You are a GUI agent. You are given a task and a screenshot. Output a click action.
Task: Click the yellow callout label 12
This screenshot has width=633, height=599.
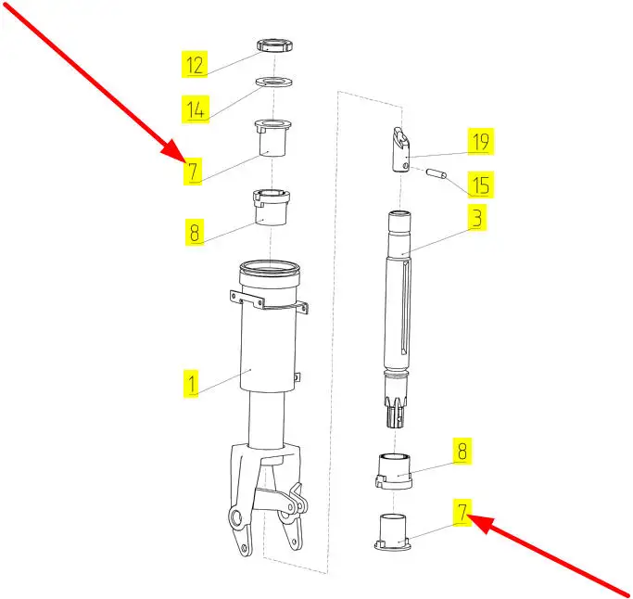[195, 64]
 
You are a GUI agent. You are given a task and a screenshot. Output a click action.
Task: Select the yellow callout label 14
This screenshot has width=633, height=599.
[196, 109]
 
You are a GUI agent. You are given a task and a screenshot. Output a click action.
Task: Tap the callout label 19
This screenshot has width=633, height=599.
[480, 142]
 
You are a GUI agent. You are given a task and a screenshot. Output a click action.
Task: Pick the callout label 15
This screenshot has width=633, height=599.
[480, 185]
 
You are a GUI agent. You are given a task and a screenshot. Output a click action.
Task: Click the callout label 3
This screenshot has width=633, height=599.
[477, 218]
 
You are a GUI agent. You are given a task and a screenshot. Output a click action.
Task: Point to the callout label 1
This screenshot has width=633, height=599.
[191, 384]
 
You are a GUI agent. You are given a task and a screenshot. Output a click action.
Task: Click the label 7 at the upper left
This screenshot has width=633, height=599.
[193, 172]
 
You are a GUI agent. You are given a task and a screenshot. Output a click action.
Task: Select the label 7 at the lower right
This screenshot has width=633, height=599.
[462, 512]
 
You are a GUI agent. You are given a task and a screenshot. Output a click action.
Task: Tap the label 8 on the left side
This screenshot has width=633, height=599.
[195, 232]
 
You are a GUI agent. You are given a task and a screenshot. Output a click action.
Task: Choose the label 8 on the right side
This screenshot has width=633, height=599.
[462, 451]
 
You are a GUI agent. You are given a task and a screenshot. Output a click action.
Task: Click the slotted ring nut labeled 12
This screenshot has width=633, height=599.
[275, 45]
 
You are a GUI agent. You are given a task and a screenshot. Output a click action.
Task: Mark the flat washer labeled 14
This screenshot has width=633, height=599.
[274, 82]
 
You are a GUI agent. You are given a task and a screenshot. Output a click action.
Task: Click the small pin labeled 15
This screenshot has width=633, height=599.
[437, 174]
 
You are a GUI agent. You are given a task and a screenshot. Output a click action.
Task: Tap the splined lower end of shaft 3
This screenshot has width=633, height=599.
[396, 410]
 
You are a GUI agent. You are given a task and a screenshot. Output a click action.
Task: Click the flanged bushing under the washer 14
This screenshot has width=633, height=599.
[273, 138]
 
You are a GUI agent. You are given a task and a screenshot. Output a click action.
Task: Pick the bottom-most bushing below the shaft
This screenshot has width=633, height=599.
[393, 532]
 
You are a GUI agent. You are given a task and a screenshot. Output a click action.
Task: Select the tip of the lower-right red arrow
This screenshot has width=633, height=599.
[468, 515]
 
